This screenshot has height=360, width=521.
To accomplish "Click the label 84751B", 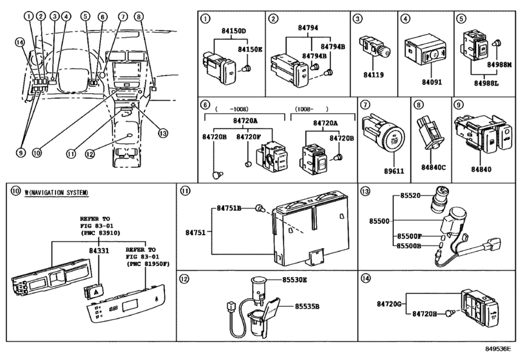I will click(229, 208).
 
